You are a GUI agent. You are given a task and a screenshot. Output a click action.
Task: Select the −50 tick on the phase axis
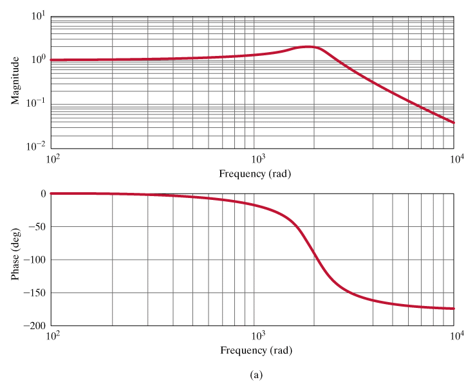(37, 226)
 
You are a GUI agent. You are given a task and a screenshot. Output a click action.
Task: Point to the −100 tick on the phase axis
(34, 260)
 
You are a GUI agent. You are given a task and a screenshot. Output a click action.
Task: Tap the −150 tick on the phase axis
(34, 292)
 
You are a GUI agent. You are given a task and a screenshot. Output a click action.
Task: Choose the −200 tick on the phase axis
(34, 325)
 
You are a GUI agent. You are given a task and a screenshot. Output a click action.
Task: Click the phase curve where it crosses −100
(317, 260)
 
